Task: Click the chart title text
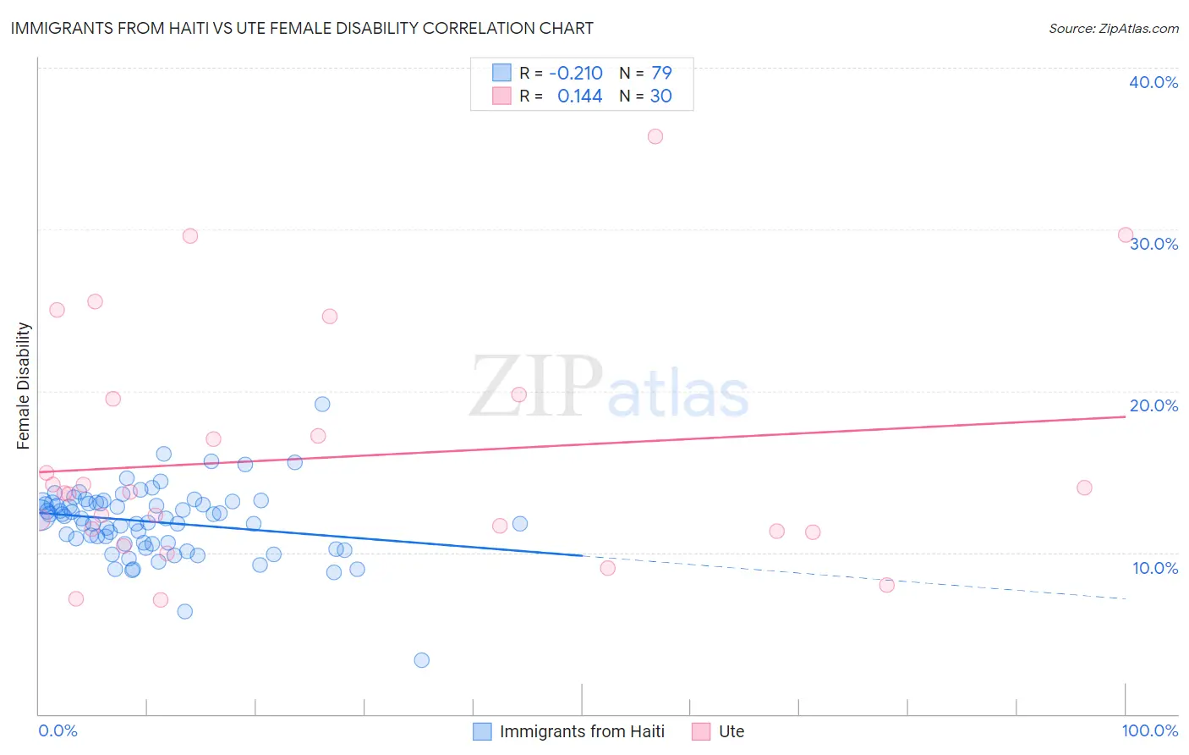point(302,28)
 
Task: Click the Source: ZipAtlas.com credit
point(1113,28)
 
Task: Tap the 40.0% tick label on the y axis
point(1153,82)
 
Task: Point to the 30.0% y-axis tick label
point(1153,244)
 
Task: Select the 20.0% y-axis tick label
point(1153,405)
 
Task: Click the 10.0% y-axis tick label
point(1153,568)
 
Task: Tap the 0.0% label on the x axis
point(58,730)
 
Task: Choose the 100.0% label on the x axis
point(1149,730)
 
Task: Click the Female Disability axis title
point(24,385)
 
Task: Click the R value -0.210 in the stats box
point(576,73)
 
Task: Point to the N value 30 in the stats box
point(660,96)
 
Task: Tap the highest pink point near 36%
point(655,136)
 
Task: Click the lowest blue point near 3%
point(422,660)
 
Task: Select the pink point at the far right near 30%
point(1126,234)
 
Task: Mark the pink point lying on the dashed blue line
point(887,585)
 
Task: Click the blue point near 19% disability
point(322,404)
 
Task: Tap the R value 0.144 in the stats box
point(580,96)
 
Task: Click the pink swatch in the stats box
point(501,96)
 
